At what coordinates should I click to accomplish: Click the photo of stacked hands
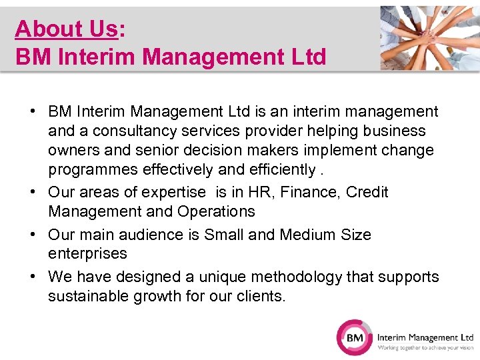430,38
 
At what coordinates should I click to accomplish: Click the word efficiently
280,170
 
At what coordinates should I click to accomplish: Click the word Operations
216,212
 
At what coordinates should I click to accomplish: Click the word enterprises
87,254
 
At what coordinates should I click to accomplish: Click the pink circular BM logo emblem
355,338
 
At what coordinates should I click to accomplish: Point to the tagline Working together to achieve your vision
425,347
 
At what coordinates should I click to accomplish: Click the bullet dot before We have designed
33,277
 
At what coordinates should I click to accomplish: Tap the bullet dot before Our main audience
33,235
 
